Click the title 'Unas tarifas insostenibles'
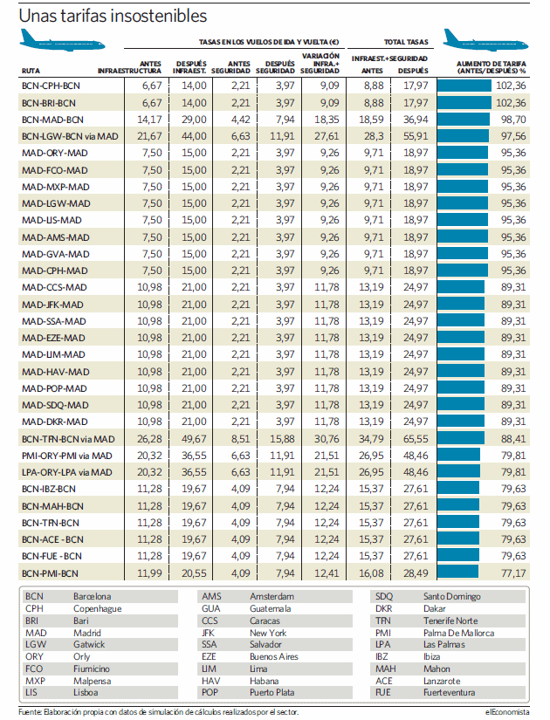113,16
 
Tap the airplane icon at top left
62,40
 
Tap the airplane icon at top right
485,40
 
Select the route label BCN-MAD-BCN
53,120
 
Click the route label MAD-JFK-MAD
53,305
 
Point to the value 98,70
513,120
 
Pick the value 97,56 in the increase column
513,136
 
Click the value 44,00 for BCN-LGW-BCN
194,136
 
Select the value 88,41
513,439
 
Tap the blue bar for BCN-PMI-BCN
457,573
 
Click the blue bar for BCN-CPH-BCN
464,86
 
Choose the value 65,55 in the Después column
416,439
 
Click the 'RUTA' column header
31,71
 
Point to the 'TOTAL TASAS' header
406,42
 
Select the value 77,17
513,573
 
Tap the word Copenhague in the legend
98,609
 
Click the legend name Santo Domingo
451,596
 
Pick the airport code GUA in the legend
211,608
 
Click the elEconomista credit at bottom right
507,712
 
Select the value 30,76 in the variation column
327,439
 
